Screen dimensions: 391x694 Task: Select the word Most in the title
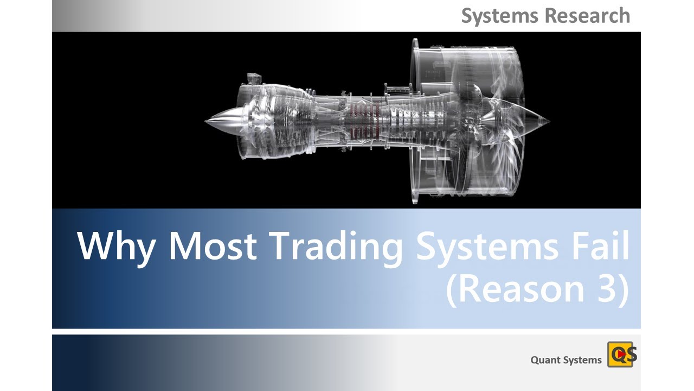point(212,246)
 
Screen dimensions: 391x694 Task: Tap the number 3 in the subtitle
point(602,289)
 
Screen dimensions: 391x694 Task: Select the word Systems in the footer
point(583,360)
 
